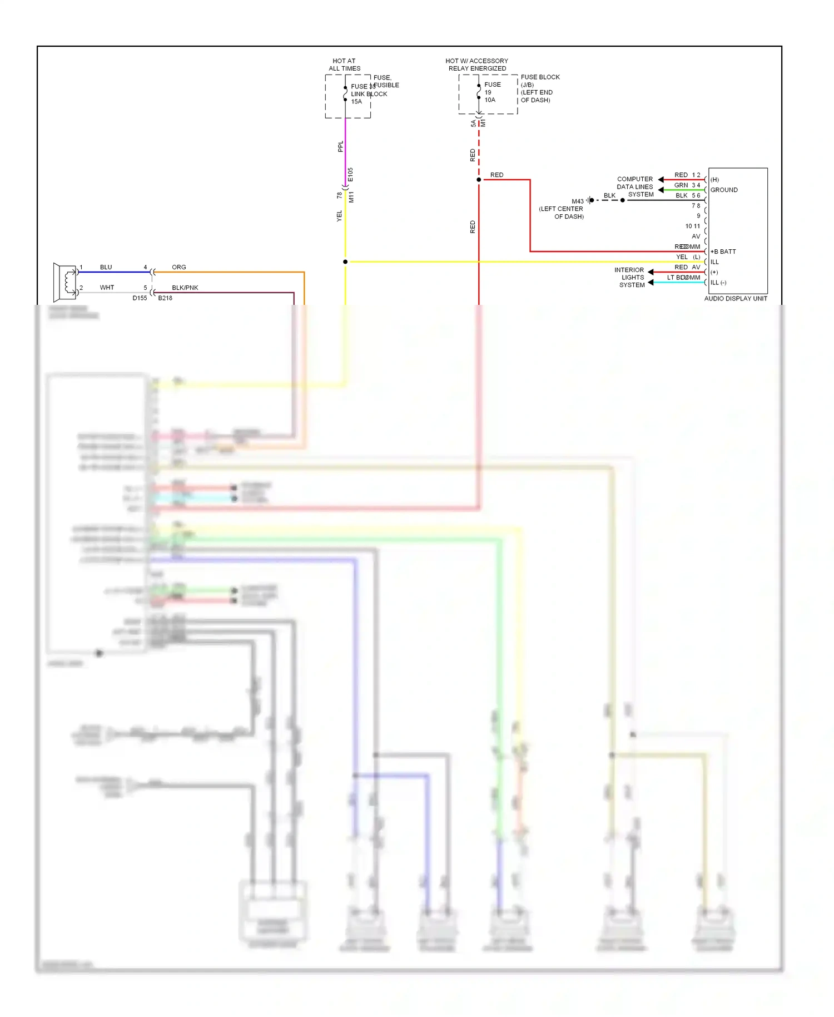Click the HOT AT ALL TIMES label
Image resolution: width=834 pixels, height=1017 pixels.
[344, 65]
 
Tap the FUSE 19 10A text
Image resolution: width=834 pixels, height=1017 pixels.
[492, 92]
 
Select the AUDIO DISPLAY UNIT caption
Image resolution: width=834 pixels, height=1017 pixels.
[735, 299]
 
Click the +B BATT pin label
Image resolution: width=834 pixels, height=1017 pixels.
[723, 251]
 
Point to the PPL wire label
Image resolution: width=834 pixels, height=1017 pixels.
[340, 146]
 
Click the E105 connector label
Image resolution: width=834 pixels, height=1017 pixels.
[350, 175]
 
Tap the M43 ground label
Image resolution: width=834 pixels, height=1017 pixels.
[577, 201]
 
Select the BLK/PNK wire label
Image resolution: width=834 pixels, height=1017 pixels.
[185, 288]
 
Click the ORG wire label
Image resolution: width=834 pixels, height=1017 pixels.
[178, 267]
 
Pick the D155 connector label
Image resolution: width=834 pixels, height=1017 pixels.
[140, 298]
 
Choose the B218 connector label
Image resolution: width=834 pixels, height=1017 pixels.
[165, 298]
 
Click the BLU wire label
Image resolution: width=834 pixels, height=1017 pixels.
[106, 267]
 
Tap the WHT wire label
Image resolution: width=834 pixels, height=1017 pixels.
[107, 288]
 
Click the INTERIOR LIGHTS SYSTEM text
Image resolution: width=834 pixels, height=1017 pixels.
[631, 277]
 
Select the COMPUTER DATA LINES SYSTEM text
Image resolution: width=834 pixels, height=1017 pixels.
[634, 187]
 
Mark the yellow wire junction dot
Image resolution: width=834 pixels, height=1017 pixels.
[345, 261]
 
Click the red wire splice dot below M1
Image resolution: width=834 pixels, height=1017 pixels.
[479, 180]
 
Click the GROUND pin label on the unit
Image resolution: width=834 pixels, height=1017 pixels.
[724, 190]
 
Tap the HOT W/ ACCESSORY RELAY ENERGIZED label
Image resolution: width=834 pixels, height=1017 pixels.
[476, 65]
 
